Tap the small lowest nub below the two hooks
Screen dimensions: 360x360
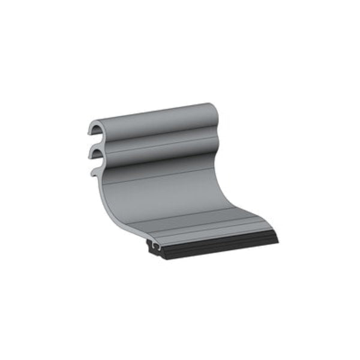point(94,173)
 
